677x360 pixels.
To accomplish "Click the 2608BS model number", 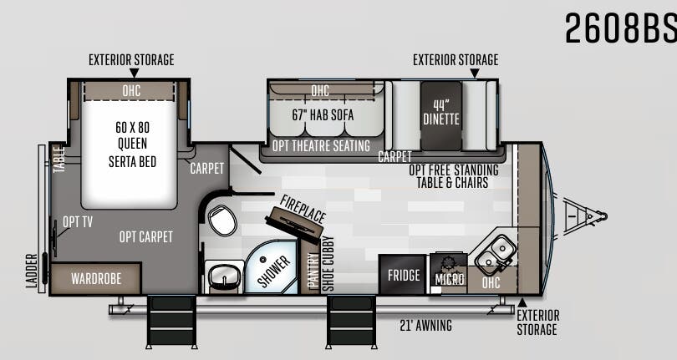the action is coord(620,28).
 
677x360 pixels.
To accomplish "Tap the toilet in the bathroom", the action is coord(222,221).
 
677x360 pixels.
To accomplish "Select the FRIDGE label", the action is coord(404,276).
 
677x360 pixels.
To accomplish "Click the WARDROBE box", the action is coord(96,279).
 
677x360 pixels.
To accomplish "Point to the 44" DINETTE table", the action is coord(441,115).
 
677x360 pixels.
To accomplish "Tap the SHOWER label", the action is coord(274,271).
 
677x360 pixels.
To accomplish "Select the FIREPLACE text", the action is coord(303,209).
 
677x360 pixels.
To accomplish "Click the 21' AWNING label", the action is coord(425,325).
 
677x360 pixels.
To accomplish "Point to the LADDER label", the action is coord(32,271).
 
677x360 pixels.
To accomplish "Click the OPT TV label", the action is coord(78,222).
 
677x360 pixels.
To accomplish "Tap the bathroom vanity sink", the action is coord(224,276).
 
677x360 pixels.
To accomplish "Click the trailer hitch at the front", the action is coord(584,215).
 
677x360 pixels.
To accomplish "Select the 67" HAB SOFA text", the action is coord(323,114).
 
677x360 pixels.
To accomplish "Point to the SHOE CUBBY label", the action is coord(328,263).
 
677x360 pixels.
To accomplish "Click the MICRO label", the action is coord(450,279).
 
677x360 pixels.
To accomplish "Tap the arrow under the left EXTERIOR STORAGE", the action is coord(135,73).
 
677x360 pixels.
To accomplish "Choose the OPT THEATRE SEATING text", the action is coord(321,146).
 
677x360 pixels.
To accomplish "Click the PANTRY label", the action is coord(313,271).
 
